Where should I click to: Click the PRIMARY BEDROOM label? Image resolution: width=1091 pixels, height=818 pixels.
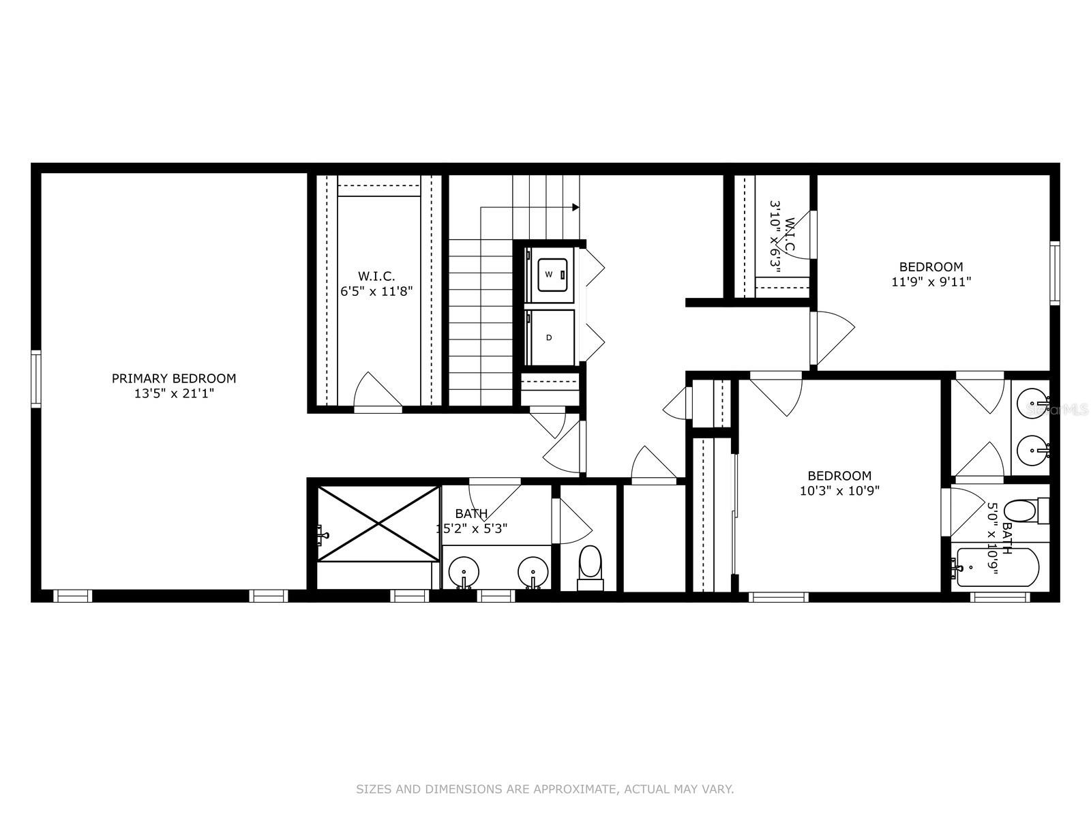174,378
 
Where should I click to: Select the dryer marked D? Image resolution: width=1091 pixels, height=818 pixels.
550,337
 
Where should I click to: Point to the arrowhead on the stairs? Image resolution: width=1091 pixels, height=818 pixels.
576,207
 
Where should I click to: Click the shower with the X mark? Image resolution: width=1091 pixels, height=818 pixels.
378,524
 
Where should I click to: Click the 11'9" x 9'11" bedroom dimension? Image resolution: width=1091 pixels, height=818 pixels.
931,281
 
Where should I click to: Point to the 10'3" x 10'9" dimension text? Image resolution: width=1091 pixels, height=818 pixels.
839,490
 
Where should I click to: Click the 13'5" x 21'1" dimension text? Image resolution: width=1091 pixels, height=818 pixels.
174,393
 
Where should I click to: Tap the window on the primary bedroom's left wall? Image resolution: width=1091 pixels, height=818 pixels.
36,378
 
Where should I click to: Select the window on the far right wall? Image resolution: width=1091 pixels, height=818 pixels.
1055,273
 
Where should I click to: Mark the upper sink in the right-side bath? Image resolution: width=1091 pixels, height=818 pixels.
1031,406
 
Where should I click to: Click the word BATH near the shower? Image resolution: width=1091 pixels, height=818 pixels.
471,513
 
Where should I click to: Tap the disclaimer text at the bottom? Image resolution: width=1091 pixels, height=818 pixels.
545,789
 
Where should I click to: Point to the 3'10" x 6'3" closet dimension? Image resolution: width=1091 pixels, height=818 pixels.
775,235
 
